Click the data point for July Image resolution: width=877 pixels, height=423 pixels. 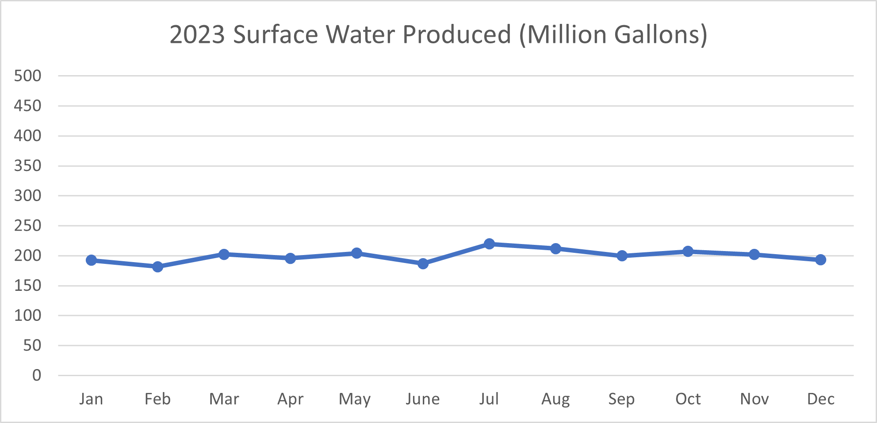[489, 244]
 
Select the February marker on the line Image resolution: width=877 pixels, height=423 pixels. [157, 267]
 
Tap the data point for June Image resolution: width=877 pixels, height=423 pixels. [423, 263]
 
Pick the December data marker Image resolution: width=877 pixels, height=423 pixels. [820, 260]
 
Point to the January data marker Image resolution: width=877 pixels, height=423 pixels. [91, 260]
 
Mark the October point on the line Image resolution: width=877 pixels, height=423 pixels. [688, 252]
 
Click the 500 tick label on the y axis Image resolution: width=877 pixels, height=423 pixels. [27, 76]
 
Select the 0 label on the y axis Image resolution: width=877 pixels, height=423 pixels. [37, 375]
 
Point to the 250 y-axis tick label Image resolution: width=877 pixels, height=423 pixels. [27, 225]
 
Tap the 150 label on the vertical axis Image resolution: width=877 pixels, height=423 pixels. [27, 286]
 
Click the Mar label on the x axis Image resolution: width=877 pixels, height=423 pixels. [224, 399]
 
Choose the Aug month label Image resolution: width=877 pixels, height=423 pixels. [555, 399]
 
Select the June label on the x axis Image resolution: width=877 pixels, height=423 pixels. [423, 399]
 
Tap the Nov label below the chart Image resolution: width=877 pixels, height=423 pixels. [754, 399]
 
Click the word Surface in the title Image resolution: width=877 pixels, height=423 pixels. [276, 34]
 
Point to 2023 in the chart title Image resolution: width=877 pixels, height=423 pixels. [197, 34]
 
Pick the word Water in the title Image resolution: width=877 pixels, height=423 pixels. [360, 34]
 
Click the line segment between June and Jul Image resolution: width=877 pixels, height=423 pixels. [456, 254]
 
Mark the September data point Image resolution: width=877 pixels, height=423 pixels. [622, 256]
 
